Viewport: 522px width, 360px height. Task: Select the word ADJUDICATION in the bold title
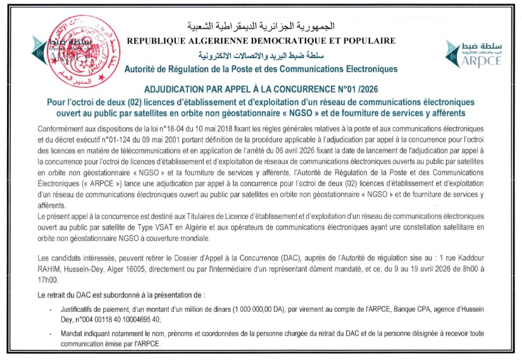182,90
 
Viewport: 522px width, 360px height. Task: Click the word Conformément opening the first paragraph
59,128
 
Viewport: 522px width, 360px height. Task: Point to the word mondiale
190,236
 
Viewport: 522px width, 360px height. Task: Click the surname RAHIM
51,268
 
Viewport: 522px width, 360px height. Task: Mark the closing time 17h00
48,278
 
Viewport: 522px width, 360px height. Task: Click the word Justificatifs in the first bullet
80,309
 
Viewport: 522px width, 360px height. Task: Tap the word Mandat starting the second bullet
71,334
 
